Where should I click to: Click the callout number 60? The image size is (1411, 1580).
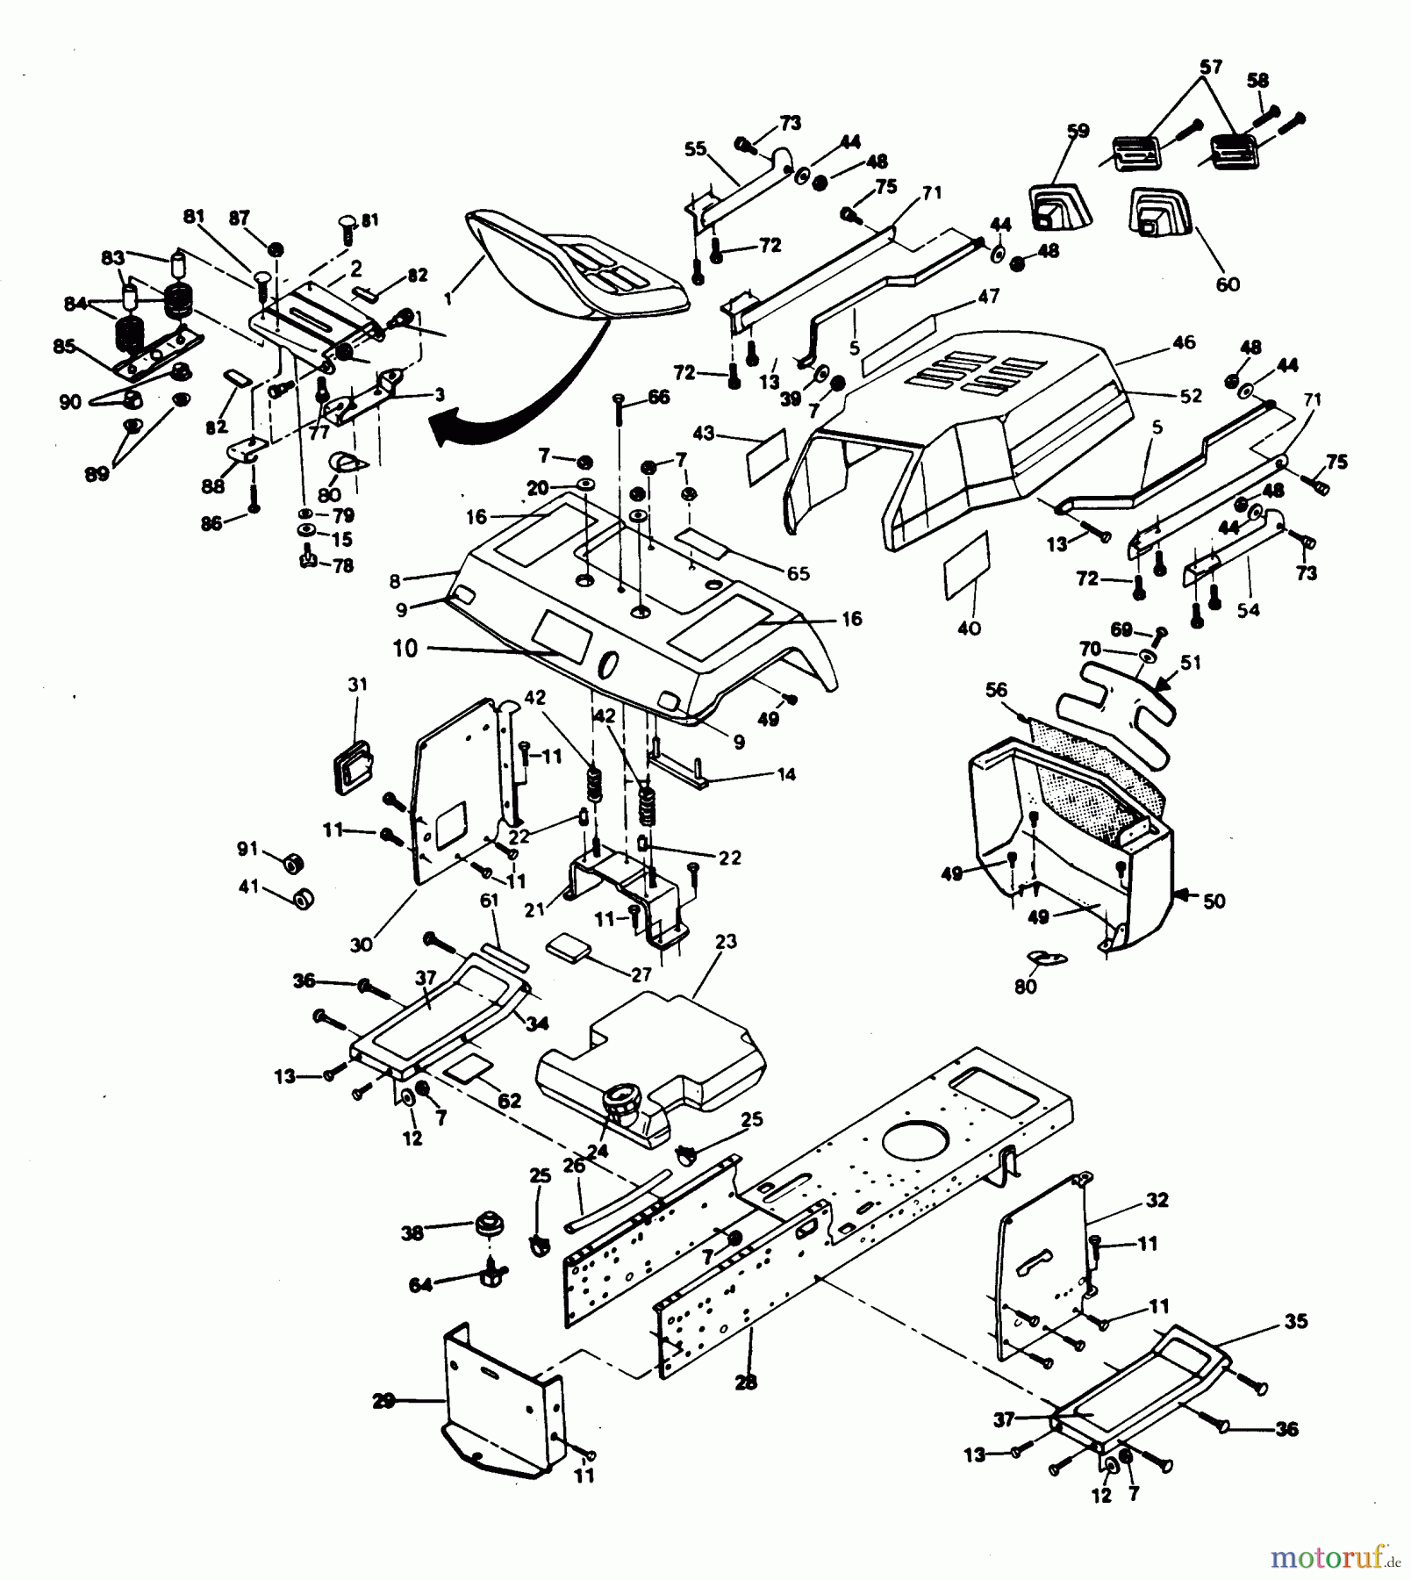(1228, 284)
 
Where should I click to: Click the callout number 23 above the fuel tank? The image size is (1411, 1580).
(726, 942)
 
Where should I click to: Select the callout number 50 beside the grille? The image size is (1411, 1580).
(1214, 901)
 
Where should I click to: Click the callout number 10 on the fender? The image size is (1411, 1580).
(405, 649)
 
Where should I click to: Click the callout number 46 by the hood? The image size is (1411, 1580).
(1184, 342)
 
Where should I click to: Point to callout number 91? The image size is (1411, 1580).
(248, 849)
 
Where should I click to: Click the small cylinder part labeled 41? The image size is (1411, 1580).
(301, 900)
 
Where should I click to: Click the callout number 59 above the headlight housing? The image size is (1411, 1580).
(1078, 131)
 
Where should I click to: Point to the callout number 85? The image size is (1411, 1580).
(64, 346)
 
